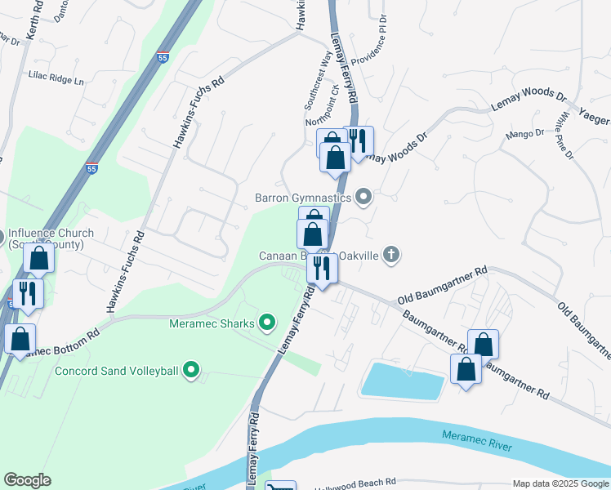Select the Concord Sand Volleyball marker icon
191,372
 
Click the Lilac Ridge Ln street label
56,81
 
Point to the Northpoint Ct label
327,122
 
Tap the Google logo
27,480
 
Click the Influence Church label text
51,238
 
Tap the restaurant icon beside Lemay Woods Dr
359,141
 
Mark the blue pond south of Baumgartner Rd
402,381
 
